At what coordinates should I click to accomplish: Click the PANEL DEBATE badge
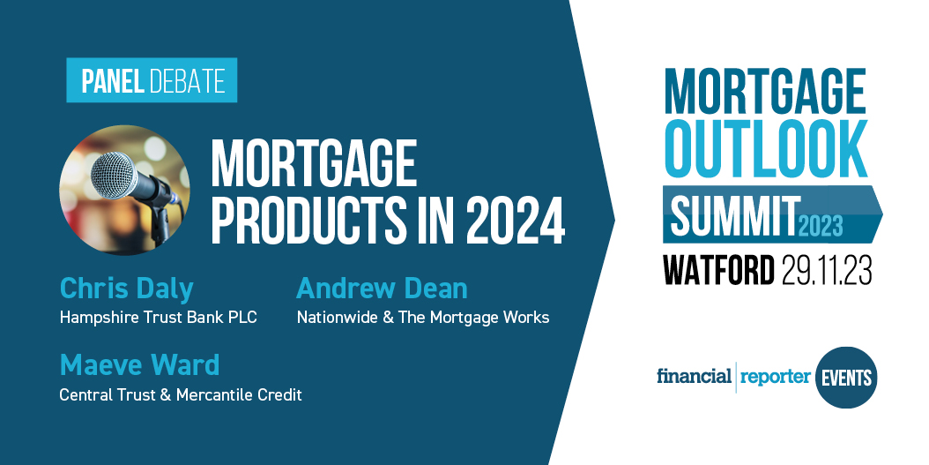152,81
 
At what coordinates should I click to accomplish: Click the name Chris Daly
126,288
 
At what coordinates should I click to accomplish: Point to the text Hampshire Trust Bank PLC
158,318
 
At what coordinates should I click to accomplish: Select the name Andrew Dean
382,288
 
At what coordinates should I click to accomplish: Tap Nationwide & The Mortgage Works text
422,318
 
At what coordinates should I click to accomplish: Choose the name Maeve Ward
139,364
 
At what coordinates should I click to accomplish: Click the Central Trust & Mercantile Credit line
180,394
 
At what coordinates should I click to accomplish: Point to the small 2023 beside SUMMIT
821,226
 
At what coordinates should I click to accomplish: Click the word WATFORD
718,270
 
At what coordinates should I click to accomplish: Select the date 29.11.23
826,270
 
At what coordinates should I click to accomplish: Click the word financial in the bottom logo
694,377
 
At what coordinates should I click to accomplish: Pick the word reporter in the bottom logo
775,377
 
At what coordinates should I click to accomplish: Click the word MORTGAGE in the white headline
313,165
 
